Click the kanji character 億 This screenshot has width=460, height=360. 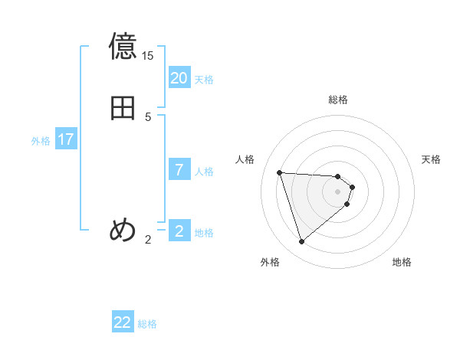[x=123, y=47]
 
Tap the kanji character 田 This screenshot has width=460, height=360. [x=123, y=108]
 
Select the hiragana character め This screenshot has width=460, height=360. [x=123, y=230]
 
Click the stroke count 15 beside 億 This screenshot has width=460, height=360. [x=147, y=56]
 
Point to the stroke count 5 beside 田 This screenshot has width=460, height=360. [x=148, y=117]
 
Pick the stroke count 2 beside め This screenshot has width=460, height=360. [x=148, y=240]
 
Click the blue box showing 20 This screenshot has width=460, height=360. [x=179, y=78]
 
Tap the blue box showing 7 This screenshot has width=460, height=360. [x=179, y=170]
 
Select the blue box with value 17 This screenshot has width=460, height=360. [x=66, y=139]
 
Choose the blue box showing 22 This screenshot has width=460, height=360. [x=123, y=322]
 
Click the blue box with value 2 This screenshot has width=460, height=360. [x=179, y=231]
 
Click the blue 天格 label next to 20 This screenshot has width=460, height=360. [x=204, y=80]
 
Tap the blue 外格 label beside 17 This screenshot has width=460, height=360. [x=41, y=141]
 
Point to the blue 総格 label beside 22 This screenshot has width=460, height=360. [x=147, y=324]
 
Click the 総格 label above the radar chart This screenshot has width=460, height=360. [x=338, y=100]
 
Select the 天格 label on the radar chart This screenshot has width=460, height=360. [x=431, y=159]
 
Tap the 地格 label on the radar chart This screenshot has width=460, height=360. [x=402, y=262]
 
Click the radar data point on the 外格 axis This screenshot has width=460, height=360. [x=302, y=242]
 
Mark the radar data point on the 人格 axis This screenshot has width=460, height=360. [x=280, y=172]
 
